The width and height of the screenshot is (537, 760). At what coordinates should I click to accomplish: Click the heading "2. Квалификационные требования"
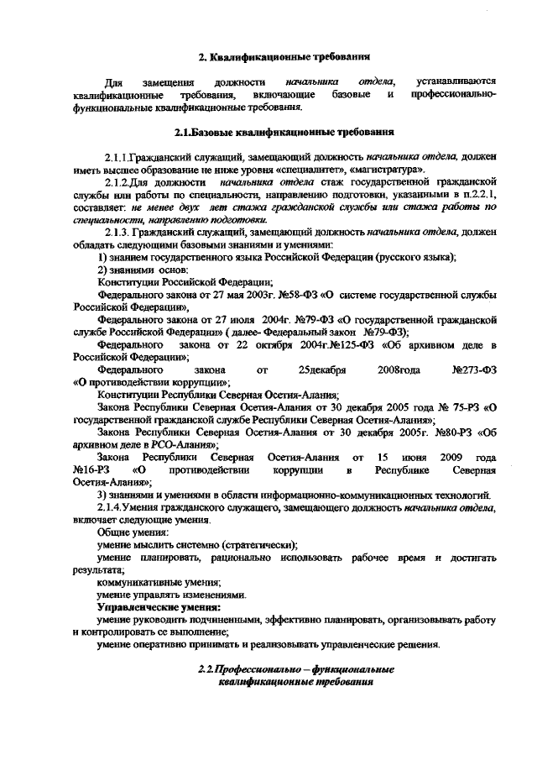point(284,57)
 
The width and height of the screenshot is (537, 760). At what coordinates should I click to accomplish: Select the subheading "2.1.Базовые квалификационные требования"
point(284,133)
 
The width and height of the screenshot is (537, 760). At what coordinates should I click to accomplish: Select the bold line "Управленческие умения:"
point(159,607)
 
